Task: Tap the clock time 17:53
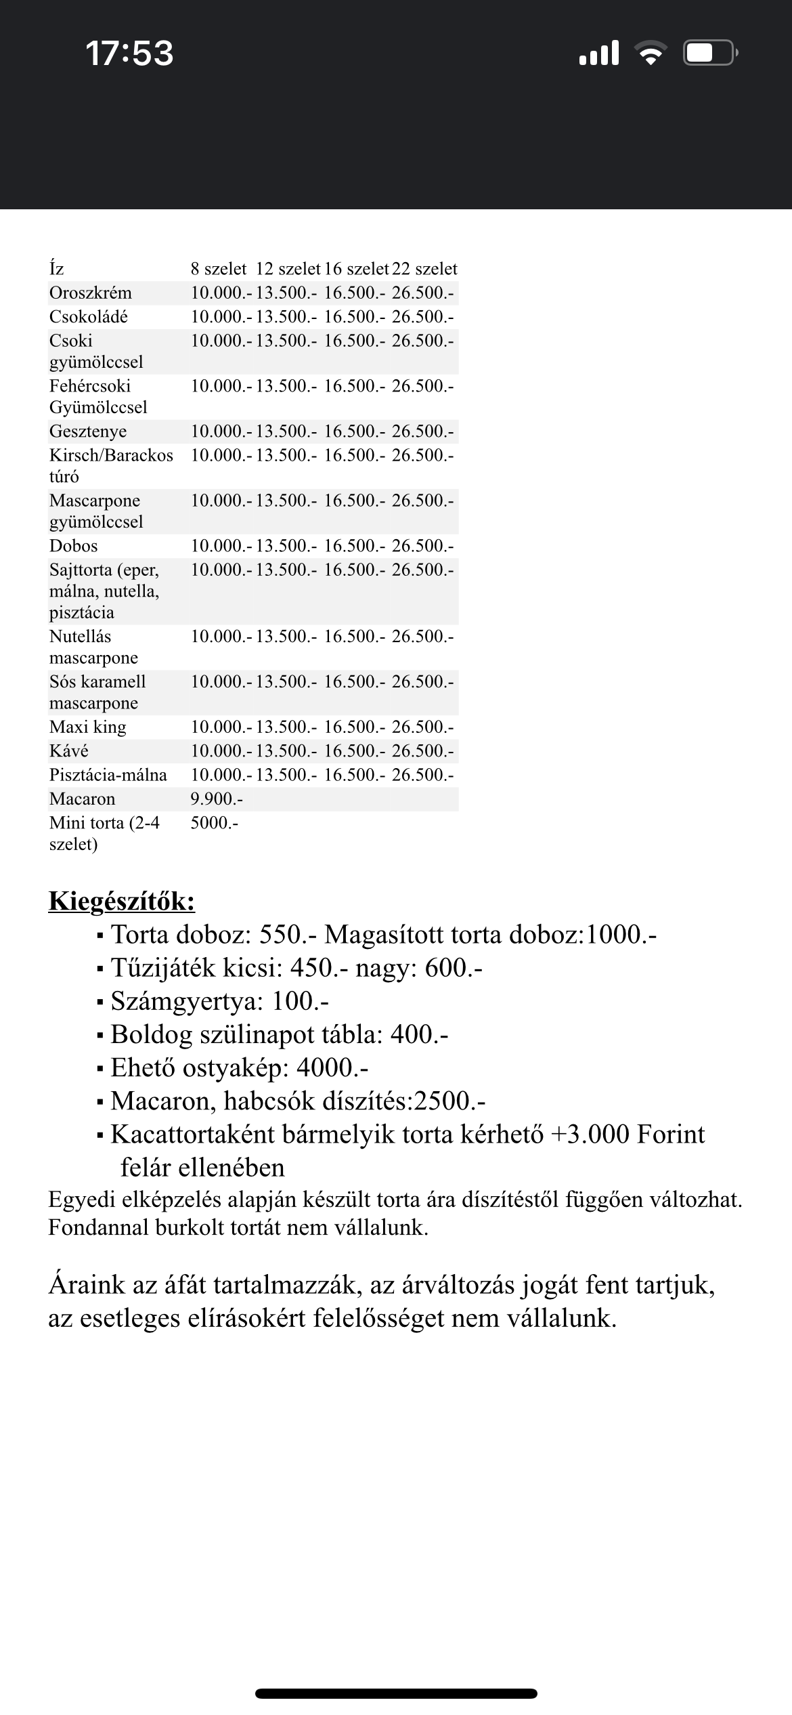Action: coord(129,54)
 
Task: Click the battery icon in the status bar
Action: coord(709,53)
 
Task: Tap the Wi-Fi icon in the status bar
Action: coord(651,53)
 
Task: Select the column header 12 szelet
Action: coord(288,269)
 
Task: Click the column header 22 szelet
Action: coord(424,269)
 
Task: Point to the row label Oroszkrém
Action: coord(91,293)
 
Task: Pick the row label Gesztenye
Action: coord(88,431)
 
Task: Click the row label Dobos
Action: coord(74,546)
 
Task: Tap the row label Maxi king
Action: coord(88,727)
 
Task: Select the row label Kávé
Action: coord(69,750)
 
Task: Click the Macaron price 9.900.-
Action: coord(217,799)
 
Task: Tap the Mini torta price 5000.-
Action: coord(215,823)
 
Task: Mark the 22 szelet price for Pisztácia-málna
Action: coord(423,775)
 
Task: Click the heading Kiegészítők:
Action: coord(122,902)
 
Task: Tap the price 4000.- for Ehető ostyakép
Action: coord(332,1067)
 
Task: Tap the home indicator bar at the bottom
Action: coord(396,1694)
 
